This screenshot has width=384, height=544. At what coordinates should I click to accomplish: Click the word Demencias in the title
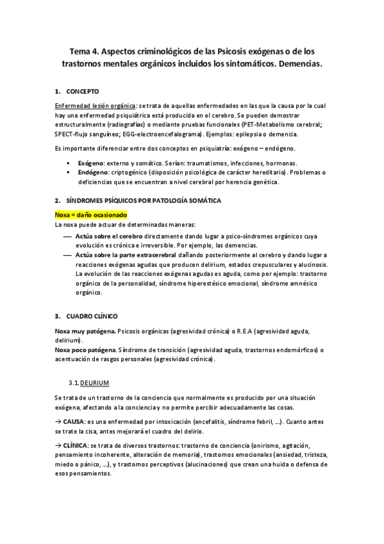(x=296, y=65)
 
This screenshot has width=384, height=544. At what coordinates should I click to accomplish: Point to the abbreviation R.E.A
(x=244, y=331)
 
